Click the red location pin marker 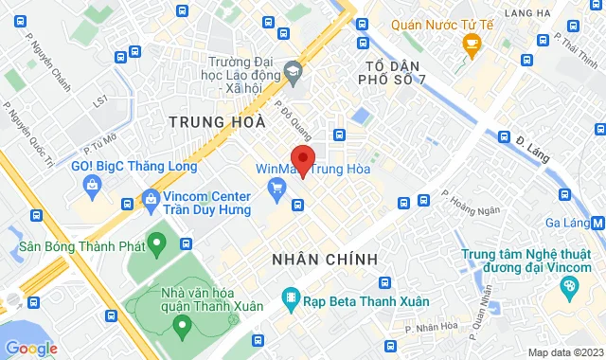(302, 158)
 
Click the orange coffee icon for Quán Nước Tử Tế (471, 45)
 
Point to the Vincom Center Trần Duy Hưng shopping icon (151, 199)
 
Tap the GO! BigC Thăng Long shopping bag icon (92, 184)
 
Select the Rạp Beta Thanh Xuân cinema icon (290, 302)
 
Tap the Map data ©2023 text (564, 352)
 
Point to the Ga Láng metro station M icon (597, 224)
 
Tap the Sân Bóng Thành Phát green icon (159, 244)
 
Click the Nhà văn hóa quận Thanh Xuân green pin (181, 326)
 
